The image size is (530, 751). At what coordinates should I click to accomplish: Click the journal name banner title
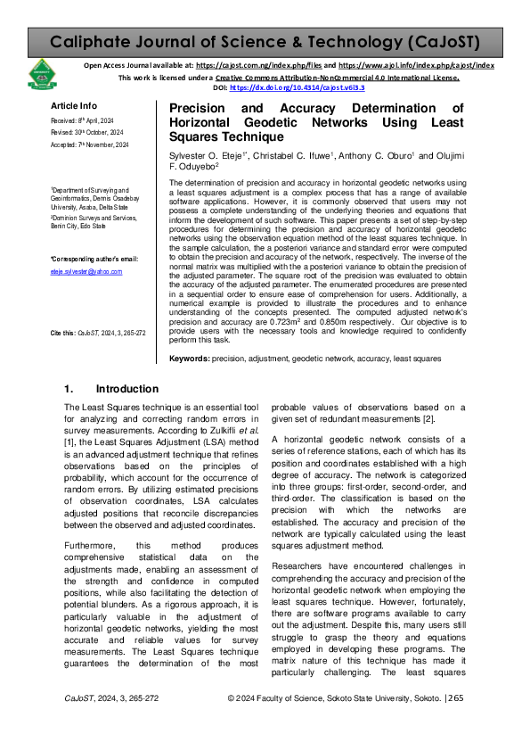265,41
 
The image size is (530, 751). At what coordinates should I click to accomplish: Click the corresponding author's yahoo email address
86,271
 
